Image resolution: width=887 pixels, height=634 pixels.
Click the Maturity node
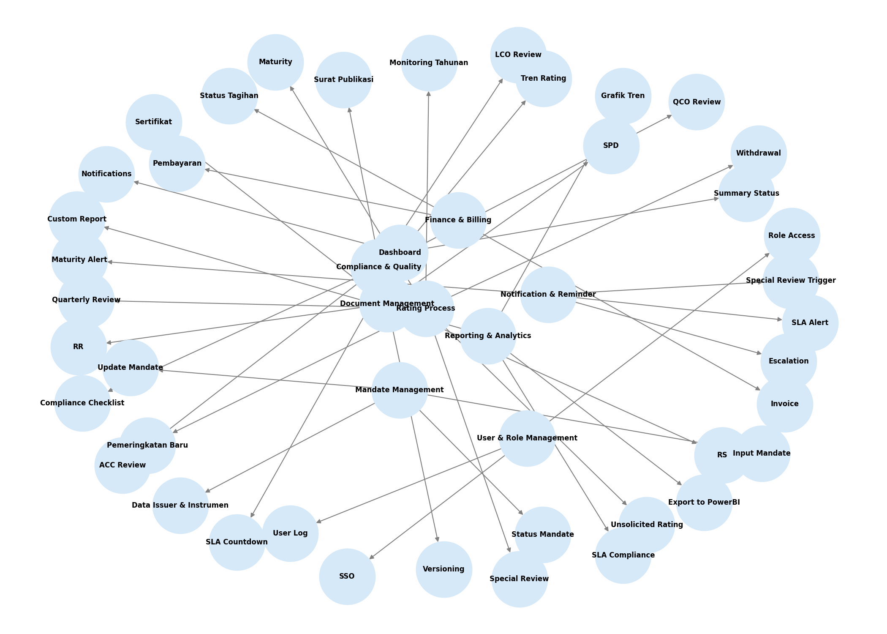pyautogui.click(x=275, y=62)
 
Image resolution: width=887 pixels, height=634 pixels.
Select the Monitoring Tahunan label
pyautogui.click(x=429, y=63)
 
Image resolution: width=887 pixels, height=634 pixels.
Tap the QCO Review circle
pyautogui.click(x=697, y=102)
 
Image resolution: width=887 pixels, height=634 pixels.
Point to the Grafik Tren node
pyautogui.click(x=623, y=96)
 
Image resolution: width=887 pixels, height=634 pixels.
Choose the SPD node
pyautogui.click(x=611, y=146)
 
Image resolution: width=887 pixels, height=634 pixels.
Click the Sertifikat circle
pyautogui.click(x=154, y=122)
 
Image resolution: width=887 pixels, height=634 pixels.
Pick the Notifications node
pyautogui.click(x=106, y=174)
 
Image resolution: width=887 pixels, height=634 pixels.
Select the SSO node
pyautogui.click(x=347, y=577)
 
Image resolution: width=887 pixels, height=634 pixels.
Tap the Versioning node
pyautogui.click(x=443, y=569)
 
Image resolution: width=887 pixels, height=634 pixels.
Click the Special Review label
pyautogui.click(x=519, y=579)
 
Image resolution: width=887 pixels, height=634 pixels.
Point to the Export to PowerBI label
pyautogui.click(x=704, y=503)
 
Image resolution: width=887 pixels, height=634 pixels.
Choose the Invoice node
pyautogui.click(x=784, y=404)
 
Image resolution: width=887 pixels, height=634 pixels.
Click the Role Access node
pyautogui.click(x=792, y=236)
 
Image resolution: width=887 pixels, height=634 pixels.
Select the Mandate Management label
pyautogui.click(x=399, y=390)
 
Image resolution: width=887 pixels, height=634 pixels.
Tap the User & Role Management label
pyautogui.click(x=527, y=438)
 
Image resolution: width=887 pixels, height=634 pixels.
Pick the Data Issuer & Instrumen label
pyautogui.click(x=180, y=506)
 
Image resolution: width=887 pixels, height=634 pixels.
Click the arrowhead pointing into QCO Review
pyautogui.click(x=669, y=116)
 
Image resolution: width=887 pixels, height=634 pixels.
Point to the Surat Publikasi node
pyautogui.click(x=343, y=80)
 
